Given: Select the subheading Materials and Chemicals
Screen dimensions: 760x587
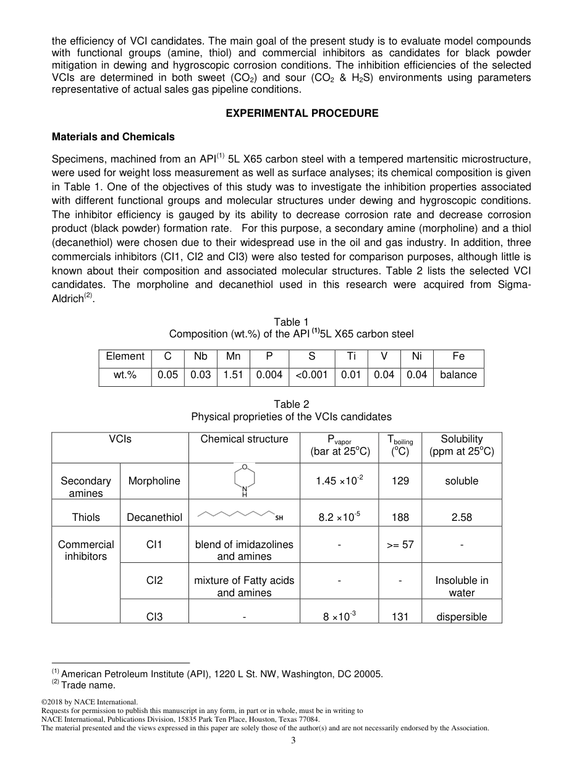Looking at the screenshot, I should [x=113, y=137].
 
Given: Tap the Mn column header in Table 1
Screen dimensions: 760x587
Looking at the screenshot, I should [x=233, y=357].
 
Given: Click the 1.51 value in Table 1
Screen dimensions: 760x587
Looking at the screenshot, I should [x=233, y=375].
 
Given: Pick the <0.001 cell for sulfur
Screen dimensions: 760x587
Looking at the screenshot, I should [x=311, y=375].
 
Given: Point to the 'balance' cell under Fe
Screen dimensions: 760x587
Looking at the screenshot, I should [x=458, y=375].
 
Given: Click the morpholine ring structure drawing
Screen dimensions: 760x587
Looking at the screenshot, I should [x=245, y=480].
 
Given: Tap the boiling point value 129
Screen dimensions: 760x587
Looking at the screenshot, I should [x=400, y=481].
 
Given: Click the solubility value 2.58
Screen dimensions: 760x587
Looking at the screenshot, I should [x=462, y=517].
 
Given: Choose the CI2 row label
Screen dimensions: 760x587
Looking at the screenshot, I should [x=154, y=580].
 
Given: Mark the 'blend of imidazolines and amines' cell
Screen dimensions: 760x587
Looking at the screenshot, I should [x=244, y=550].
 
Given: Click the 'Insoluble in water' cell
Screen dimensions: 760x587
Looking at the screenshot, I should [x=462, y=586].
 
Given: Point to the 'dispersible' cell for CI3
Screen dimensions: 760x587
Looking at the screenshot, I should [x=462, y=617].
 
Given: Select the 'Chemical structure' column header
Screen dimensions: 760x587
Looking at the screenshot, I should [x=244, y=439].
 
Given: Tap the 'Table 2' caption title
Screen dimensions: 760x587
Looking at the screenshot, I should [x=291, y=405].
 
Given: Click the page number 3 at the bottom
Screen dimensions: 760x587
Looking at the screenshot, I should [x=293, y=741].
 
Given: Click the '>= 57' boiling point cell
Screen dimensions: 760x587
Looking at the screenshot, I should [x=400, y=544].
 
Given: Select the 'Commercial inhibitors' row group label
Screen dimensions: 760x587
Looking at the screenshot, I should [x=86, y=550].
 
